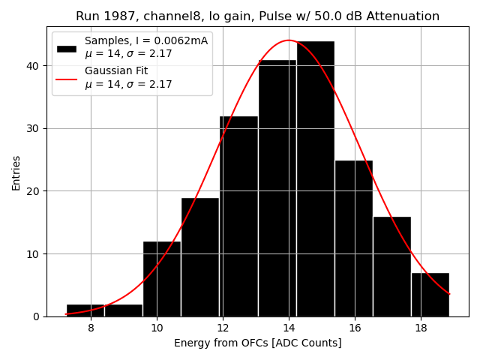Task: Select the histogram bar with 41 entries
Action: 277,187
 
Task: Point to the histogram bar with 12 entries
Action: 161,278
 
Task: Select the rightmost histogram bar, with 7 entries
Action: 430,294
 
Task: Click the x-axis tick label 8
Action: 91,328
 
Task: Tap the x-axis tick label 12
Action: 223,328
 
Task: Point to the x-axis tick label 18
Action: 421,328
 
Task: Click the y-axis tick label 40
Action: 33,65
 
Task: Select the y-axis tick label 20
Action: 33,190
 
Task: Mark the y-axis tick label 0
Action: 36,316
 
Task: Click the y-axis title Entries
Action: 16,172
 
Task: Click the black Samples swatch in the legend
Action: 67,48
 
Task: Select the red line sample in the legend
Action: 67,78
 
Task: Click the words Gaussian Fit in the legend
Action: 116,70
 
